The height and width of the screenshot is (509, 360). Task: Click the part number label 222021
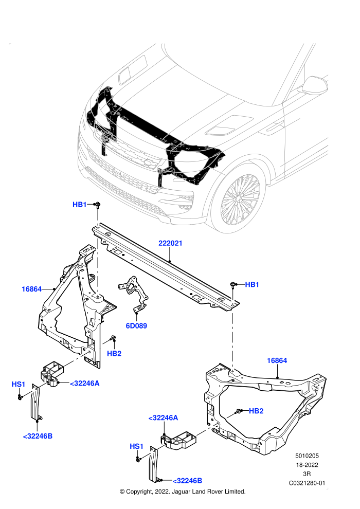(x=170, y=243)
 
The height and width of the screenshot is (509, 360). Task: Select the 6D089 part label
(x=136, y=325)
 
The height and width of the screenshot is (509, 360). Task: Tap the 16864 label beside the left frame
(x=31, y=289)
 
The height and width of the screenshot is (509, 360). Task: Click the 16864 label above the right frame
(x=277, y=360)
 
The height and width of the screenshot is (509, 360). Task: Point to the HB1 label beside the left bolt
(x=80, y=205)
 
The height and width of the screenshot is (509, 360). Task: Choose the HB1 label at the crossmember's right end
(x=252, y=284)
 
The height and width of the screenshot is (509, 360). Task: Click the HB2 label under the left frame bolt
(x=114, y=354)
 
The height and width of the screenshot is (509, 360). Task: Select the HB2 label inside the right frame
(x=256, y=411)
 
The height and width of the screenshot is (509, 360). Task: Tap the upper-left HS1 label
(x=18, y=385)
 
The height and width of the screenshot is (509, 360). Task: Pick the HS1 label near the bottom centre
(x=136, y=446)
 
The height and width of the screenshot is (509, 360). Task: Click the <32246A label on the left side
(x=85, y=384)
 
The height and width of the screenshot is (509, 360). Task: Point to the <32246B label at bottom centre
(x=187, y=480)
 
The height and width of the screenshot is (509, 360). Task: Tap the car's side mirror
(x=314, y=85)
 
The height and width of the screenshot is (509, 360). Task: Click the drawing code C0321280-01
(x=307, y=483)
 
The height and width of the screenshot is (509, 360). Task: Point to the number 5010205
(x=307, y=456)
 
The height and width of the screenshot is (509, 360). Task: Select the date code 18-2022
(x=307, y=465)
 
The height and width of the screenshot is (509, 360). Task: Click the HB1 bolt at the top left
(x=97, y=205)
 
